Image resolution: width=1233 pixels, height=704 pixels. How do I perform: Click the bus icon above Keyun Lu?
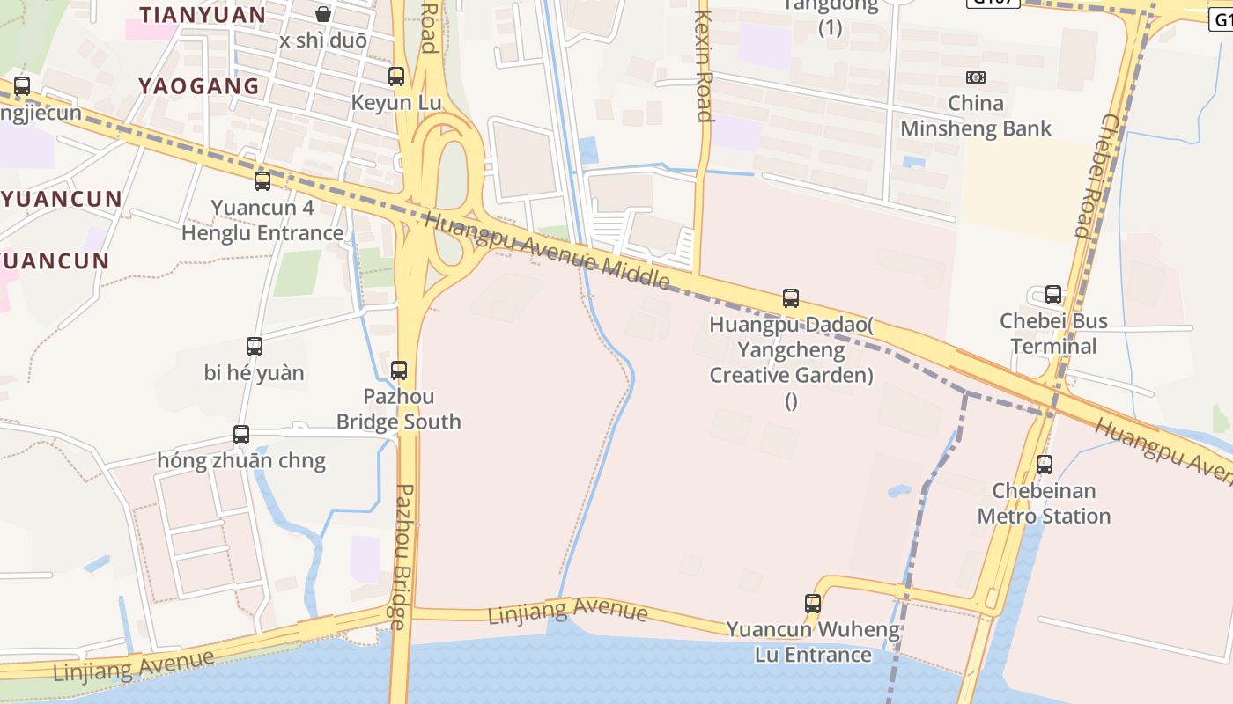[x=396, y=77]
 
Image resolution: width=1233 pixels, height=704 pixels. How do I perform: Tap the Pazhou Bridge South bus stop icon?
[x=399, y=370]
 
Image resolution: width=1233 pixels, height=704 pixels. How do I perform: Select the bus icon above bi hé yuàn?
[x=255, y=347]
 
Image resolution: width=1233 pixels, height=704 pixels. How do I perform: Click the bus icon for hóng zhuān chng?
[x=241, y=435]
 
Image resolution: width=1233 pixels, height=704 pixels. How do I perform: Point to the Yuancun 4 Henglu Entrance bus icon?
[x=262, y=181]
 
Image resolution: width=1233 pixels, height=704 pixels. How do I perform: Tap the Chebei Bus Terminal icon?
[x=1053, y=295]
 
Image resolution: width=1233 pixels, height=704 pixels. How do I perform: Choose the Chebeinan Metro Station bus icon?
[x=1045, y=465]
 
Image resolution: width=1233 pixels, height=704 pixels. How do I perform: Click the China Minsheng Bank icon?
[x=976, y=77]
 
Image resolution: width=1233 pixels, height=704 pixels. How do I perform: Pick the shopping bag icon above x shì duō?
[x=323, y=14]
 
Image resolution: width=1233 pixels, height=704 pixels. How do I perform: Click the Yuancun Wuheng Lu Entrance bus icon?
[x=813, y=604]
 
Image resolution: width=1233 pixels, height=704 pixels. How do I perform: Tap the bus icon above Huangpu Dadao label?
[x=791, y=299]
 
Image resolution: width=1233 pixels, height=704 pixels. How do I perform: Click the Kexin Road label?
[x=703, y=66]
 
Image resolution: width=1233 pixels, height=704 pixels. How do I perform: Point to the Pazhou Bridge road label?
[x=402, y=556]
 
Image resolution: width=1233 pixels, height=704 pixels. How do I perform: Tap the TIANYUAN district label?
[x=203, y=14]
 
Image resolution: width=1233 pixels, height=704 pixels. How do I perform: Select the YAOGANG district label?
[x=199, y=85]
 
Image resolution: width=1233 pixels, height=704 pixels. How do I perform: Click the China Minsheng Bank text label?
[x=976, y=116]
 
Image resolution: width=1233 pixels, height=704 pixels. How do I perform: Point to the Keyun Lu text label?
[x=396, y=102]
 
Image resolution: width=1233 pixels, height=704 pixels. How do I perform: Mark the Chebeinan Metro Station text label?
[x=1044, y=503]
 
